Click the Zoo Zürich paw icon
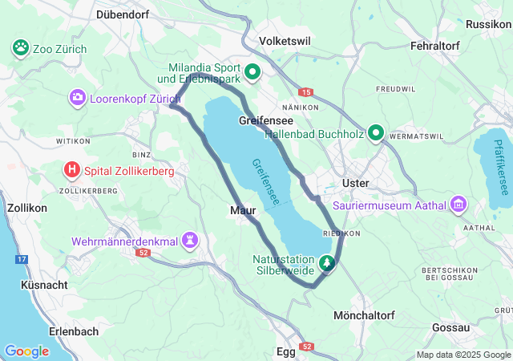(21, 49)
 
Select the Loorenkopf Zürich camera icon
(78, 98)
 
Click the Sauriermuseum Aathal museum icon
(458, 206)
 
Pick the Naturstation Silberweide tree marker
(327, 262)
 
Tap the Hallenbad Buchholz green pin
(375, 133)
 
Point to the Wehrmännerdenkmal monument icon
(190, 240)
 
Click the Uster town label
(355, 183)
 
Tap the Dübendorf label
(123, 14)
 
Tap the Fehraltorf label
(434, 47)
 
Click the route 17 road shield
(22, 259)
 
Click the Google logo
(26, 351)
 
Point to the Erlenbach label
(73, 331)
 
